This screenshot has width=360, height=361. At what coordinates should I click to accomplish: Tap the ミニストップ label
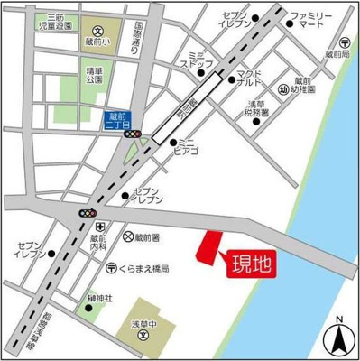pos(196,60)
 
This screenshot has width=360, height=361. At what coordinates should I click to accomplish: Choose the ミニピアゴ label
pos(188,145)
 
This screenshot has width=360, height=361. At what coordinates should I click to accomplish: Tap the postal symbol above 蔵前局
pos(344,42)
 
